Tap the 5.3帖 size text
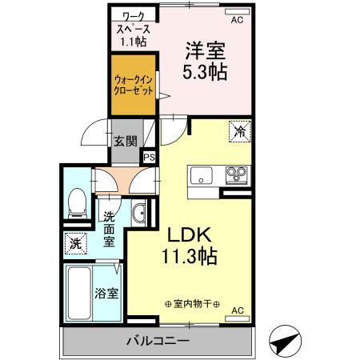(x=206, y=72)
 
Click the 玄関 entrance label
(x=125, y=142)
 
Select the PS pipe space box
(x=149, y=158)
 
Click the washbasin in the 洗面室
(x=139, y=213)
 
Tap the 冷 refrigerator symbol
(x=239, y=130)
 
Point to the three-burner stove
(x=235, y=174)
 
